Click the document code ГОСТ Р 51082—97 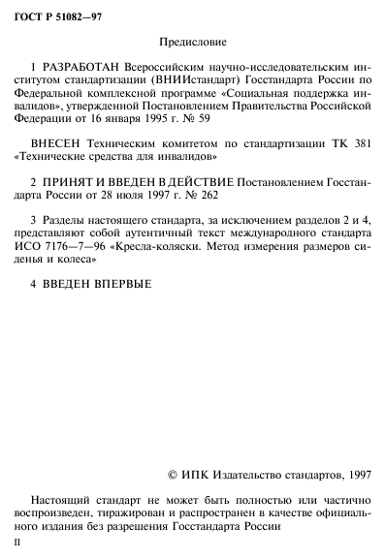57,13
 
